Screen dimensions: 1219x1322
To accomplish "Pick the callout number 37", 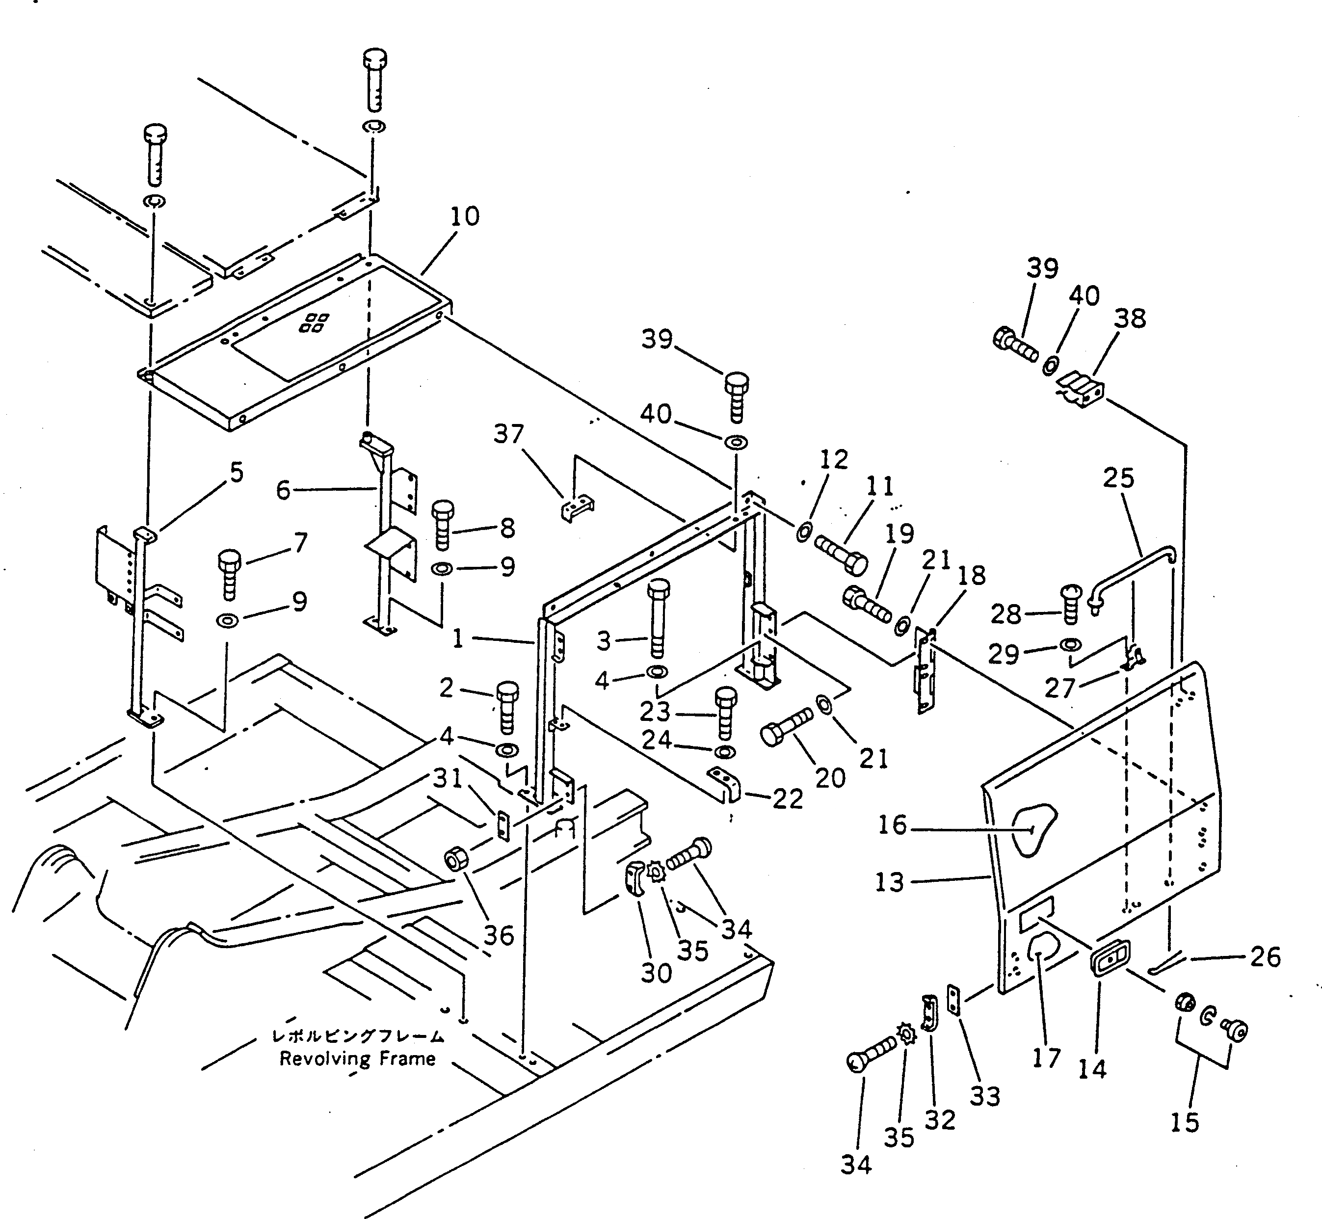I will [x=508, y=434].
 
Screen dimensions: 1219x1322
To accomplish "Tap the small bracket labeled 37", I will [x=577, y=509].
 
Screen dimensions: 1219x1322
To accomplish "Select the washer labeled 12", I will [x=804, y=530].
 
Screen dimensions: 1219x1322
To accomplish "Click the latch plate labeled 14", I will [x=1110, y=957].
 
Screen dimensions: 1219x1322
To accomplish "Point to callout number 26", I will [x=1265, y=956].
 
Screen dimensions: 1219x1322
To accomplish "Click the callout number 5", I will [x=236, y=472].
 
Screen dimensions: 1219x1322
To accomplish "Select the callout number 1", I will [x=458, y=638].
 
